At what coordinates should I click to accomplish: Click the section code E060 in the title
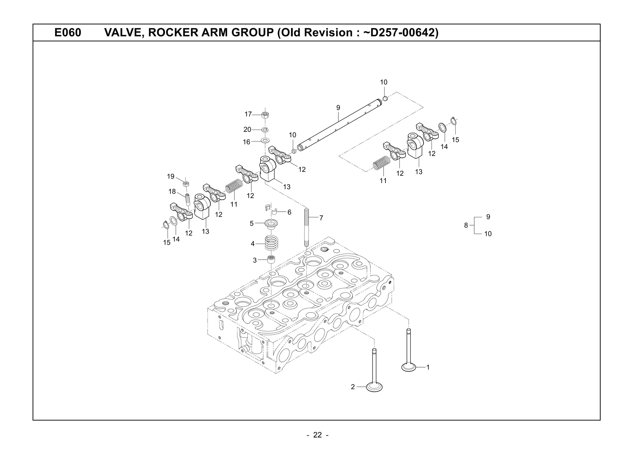[x=68, y=33]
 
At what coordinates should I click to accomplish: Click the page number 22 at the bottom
[x=317, y=435]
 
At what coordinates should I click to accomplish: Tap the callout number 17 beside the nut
[x=248, y=114]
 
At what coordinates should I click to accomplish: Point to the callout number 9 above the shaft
[x=338, y=108]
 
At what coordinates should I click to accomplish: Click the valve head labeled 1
[x=409, y=367]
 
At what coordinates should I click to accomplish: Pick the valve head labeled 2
[x=374, y=387]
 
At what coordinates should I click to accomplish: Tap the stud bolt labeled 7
[x=307, y=226]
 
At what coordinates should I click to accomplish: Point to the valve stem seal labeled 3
[x=271, y=260]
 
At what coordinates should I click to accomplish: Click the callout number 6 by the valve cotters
[x=289, y=212]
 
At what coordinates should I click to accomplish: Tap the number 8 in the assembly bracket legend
[x=466, y=225]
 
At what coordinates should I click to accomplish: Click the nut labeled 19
[x=186, y=184]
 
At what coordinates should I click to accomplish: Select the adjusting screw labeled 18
[x=188, y=199]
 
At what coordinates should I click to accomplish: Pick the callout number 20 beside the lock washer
[x=247, y=130]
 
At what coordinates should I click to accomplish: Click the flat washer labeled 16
[x=265, y=140]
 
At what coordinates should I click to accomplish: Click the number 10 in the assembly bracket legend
[x=488, y=234]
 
